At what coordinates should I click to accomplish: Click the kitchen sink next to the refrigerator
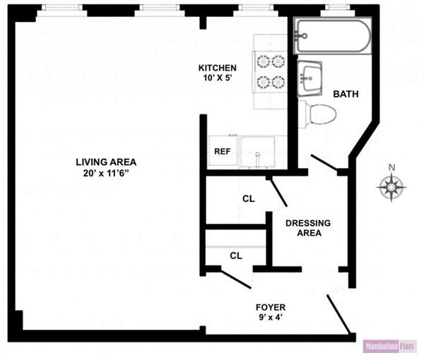(258, 152)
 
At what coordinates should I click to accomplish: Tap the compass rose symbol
(391, 188)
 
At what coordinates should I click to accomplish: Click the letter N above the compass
(392, 168)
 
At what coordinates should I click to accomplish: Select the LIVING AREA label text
(105, 162)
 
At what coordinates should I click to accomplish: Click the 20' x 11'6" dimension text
(105, 174)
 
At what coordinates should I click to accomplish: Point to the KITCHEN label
(217, 68)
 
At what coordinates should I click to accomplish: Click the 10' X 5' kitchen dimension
(217, 79)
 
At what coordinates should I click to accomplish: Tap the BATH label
(346, 94)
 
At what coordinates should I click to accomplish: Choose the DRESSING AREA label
(304, 228)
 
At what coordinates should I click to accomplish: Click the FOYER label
(271, 308)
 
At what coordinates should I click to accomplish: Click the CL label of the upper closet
(248, 199)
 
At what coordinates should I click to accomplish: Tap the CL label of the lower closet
(235, 256)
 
